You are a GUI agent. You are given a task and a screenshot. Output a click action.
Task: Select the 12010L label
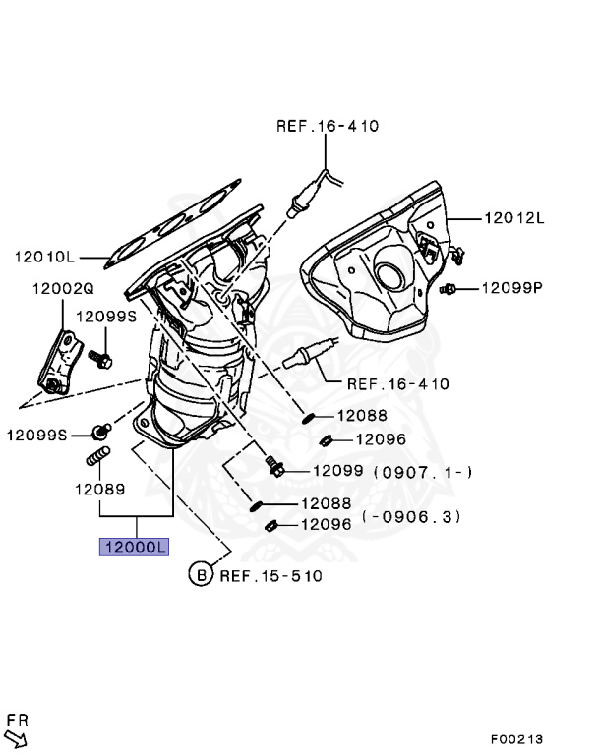pyautogui.click(x=44, y=258)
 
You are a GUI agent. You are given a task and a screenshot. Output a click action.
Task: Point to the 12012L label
pyautogui.click(x=512, y=218)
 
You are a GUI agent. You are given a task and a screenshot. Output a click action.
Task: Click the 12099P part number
pyautogui.click(x=511, y=288)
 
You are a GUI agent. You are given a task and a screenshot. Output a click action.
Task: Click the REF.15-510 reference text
pyautogui.click(x=270, y=574)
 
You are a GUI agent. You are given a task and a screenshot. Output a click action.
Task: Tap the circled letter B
pyautogui.click(x=201, y=573)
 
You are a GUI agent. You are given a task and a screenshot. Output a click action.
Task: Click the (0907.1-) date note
pyautogui.click(x=423, y=472)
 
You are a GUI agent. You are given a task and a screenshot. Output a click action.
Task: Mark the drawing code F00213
pyautogui.click(x=517, y=738)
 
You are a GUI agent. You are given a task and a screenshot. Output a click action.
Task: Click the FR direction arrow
pyautogui.click(x=17, y=737)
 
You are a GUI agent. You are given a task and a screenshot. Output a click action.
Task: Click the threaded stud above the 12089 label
pyautogui.click(x=98, y=457)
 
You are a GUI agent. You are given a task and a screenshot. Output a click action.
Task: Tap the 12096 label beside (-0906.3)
pyautogui.click(x=325, y=524)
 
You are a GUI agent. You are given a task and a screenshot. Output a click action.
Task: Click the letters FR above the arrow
pyautogui.click(x=16, y=720)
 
